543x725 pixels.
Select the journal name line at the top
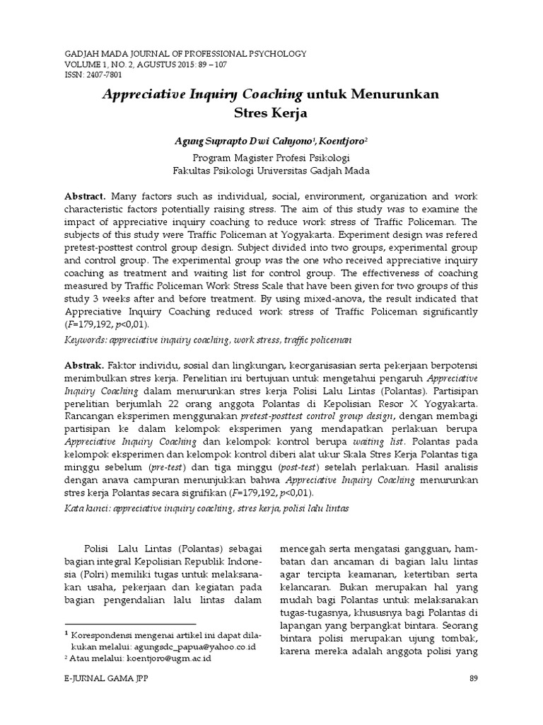coord(186,53)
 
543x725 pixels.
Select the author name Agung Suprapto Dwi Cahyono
coord(234,142)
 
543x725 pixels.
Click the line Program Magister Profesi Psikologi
coord(271,157)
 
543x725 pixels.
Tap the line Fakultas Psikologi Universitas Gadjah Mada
coord(271,171)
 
